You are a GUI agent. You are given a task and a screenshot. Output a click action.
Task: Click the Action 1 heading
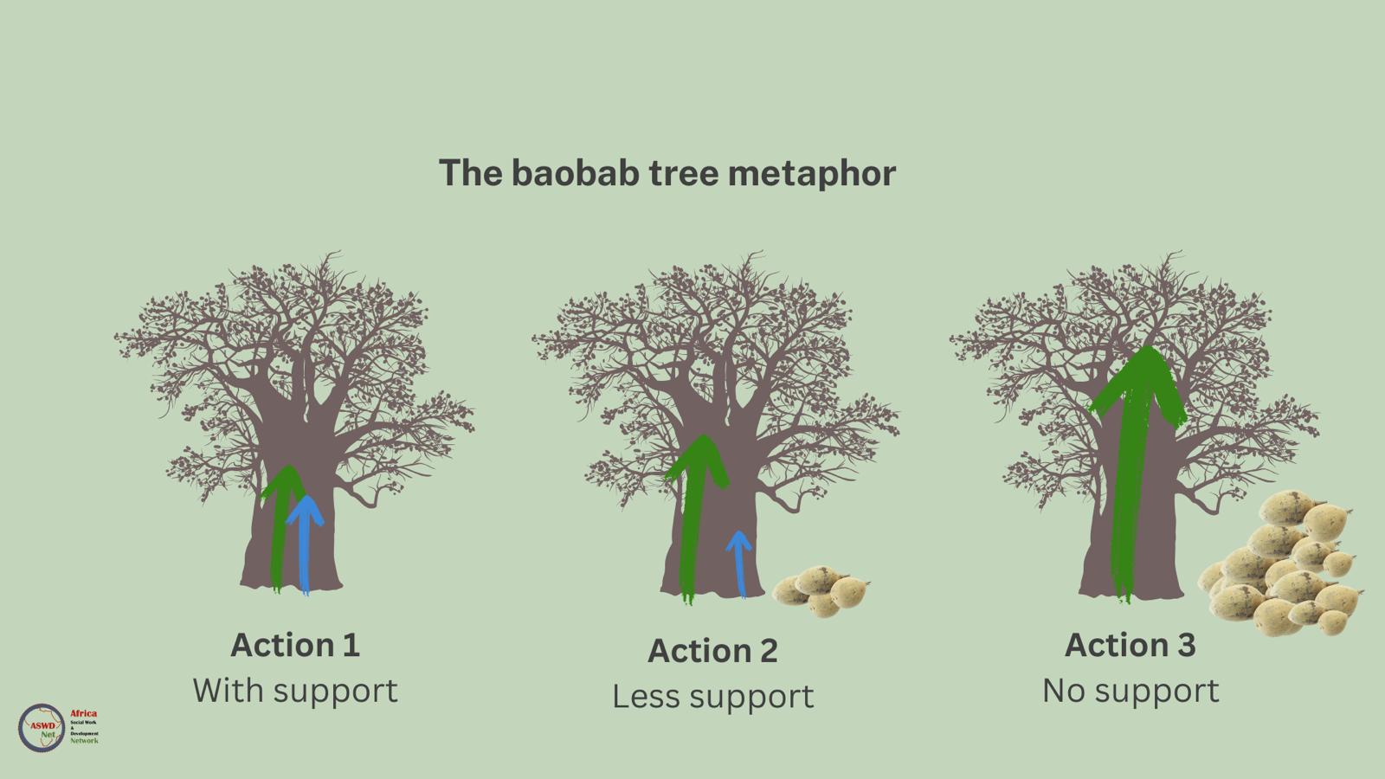(x=294, y=645)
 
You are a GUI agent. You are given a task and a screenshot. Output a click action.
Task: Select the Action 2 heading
(x=712, y=651)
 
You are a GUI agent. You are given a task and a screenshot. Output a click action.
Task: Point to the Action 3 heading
(x=1130, y=645)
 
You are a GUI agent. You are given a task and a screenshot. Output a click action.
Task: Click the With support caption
(x=294, y=691)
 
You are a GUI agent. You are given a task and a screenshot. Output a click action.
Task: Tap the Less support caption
(x=712, y=697)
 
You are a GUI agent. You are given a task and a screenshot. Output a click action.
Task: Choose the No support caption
(x=1130, y=691)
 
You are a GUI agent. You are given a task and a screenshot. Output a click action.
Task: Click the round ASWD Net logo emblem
(x=42, y=727)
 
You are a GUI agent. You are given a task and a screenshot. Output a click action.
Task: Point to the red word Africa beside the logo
(x=83, y=714)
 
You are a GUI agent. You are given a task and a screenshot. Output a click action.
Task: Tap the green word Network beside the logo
(x=84, y=741)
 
